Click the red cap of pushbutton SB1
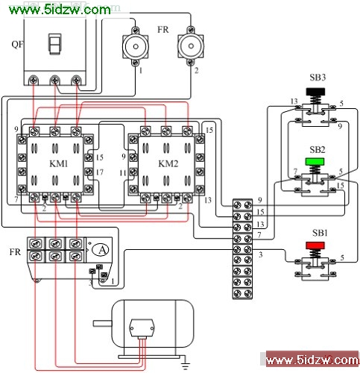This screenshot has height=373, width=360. (315, 245)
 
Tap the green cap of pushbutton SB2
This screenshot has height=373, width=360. (315, 162)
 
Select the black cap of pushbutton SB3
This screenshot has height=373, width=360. (315, 92)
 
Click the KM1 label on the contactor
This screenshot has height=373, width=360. (59, 163)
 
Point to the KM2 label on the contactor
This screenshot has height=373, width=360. (168, 163)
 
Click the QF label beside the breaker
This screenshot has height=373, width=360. (17, 45)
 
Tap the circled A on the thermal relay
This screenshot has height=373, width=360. (100, 250)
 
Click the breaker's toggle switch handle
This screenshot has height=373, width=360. (54, 44)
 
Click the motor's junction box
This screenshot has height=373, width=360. (142, 328)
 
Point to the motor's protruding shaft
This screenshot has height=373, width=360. (102, 323)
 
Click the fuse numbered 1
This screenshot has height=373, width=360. (136, 46)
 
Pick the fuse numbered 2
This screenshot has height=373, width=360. (191, 46)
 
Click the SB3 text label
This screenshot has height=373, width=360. (318, 78)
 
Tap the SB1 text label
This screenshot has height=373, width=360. (320, 233)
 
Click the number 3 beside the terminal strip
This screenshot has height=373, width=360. (260, 254)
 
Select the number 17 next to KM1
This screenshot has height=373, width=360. (100, 172)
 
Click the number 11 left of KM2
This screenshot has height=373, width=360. (123, 172)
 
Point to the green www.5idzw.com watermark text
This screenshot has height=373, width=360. (60, 10)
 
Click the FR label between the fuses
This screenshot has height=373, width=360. (163, 30)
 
